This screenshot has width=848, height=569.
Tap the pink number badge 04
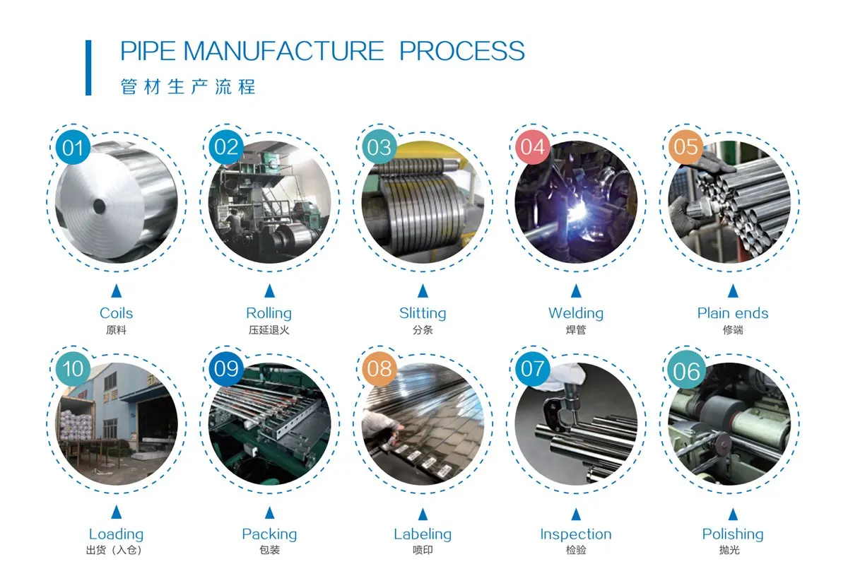[533, 147]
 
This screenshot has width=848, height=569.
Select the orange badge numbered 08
[379, 369]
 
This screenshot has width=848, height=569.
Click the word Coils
[116, 313]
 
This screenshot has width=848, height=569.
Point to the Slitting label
[423, 313]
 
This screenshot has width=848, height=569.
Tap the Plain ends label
[732, 313]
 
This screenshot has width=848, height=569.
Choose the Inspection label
[576, 534]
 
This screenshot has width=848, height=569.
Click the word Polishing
[733, 534]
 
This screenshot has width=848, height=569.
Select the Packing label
[269, 534]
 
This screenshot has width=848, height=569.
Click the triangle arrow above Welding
[576, 291]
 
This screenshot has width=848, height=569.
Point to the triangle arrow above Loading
[116, 512]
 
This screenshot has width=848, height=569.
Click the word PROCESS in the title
[462, 52]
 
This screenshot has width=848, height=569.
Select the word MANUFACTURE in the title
[283, 52]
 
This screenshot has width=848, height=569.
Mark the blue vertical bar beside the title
[88, 67]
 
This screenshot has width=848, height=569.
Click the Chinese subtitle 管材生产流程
[188, 87]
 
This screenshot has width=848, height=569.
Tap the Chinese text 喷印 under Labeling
[423, 550]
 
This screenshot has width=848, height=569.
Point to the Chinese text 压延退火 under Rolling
[269, 329]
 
